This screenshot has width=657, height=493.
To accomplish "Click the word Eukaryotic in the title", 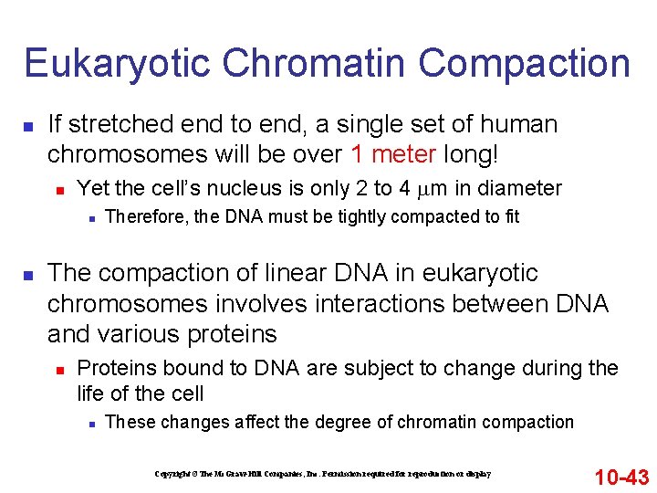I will click(116, 64).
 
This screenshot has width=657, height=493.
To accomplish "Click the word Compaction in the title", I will click(524, 64).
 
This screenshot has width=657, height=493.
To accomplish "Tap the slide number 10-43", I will click(621, 477).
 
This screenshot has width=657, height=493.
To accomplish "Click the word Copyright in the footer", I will click(172, 475).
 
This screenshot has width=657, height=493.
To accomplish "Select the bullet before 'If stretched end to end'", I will click(28, 124).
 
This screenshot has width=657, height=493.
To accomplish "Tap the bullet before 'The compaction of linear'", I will click(28, 274).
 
